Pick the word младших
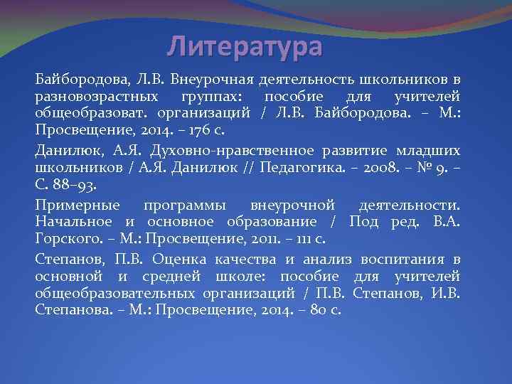(x=430, y=150)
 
